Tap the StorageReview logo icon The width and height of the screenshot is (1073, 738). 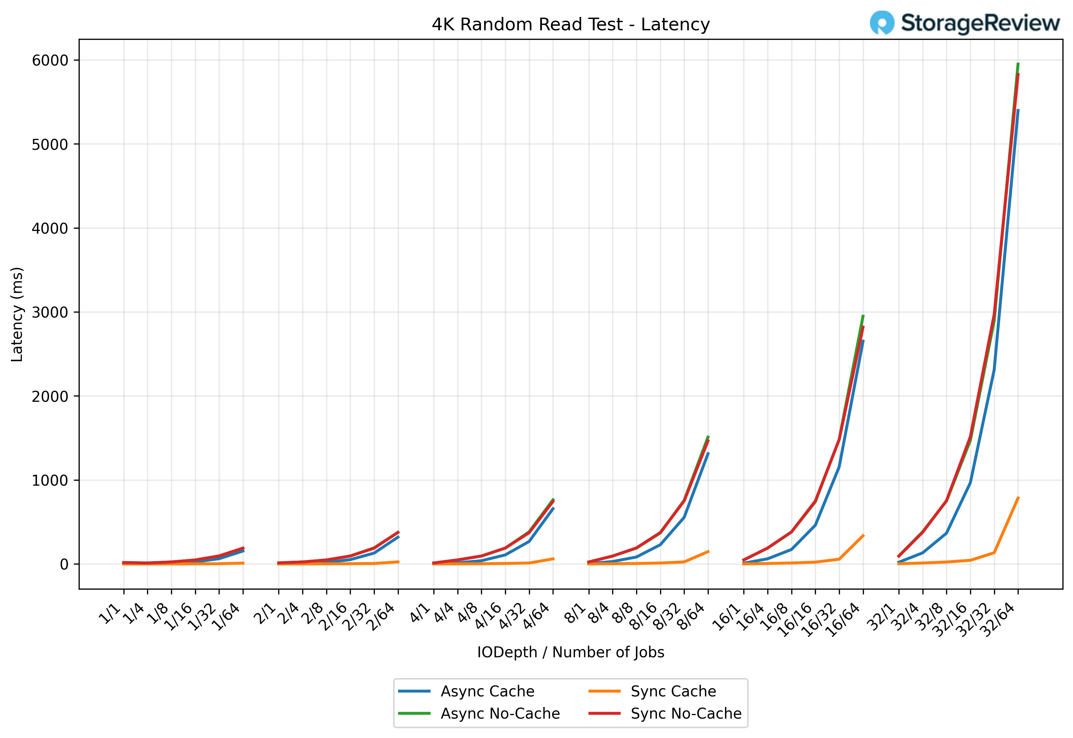coord(882,23)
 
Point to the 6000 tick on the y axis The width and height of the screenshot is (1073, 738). coord(50,61)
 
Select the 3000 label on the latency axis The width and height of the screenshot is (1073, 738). coord(50,313)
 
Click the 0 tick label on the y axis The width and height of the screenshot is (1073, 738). coord(64,565)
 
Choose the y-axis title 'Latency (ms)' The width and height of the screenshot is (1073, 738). coord(17,314)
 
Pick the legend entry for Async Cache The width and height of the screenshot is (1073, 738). coord(487,691)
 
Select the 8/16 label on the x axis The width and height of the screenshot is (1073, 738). coord(644,617)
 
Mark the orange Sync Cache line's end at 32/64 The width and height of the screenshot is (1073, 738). coord(1018,498)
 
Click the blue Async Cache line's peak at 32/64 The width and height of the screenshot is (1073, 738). coord(1018,110)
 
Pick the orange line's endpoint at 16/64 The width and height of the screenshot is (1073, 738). coord(863,535)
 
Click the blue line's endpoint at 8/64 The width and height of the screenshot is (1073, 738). coord(708,453)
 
